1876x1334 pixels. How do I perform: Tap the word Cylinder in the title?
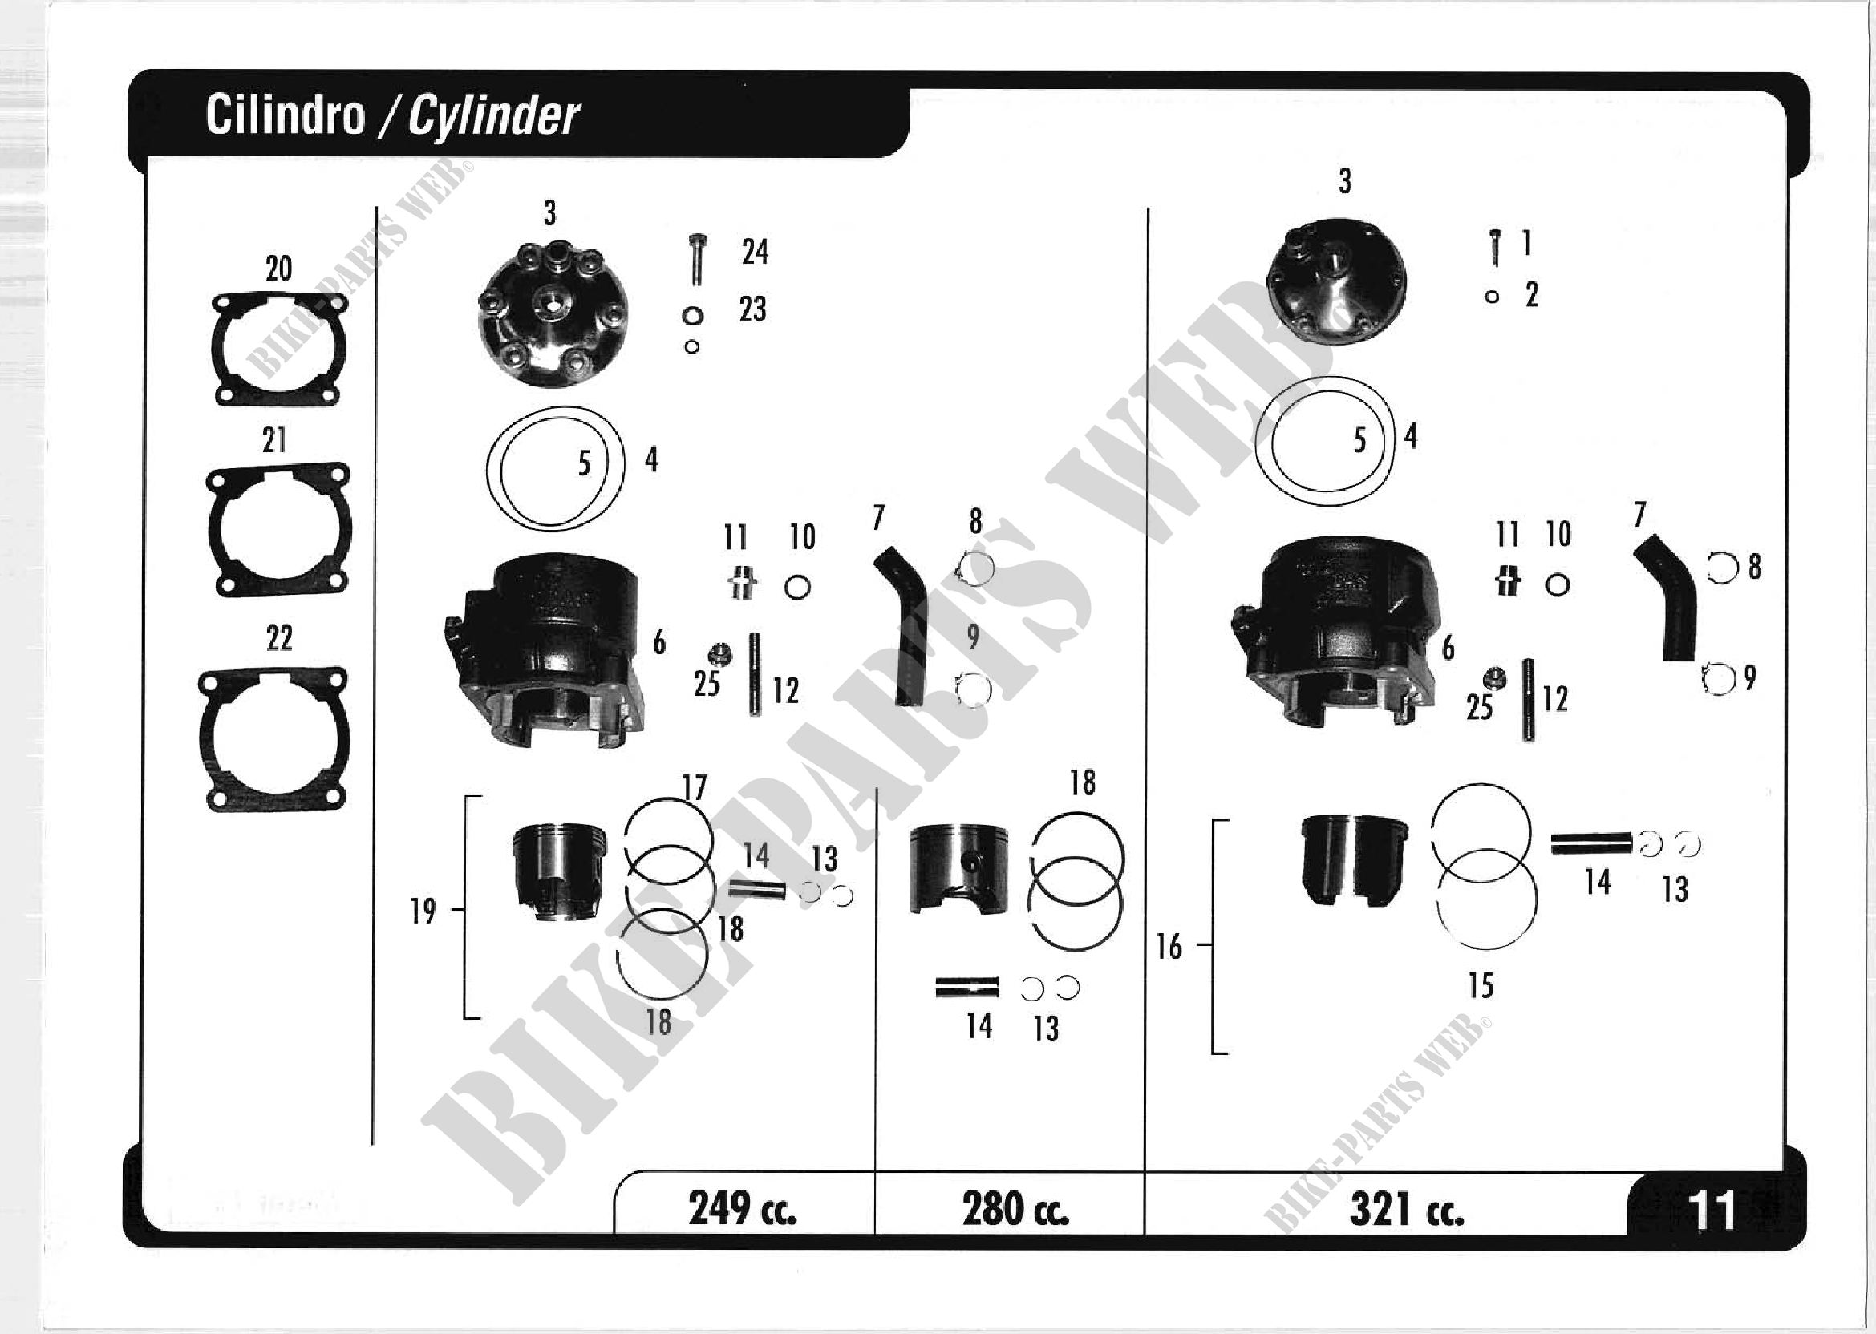pyautogui.click(x=493, y=116)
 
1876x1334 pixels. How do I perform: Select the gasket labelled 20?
pyautogui.click(x=278, y=349)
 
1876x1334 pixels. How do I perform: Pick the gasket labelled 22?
pyautogui.click(x=273, y=738)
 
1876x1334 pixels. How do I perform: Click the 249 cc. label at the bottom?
pyautogui.click(x=742, y=1208)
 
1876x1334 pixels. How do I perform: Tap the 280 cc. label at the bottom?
pyautogui.click(x=1015, y=1208)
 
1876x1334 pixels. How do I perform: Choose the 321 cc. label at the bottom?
pyautogui.click(x=1407, y=1209)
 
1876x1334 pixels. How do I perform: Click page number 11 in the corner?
pyautogui.click(x=1712, y=1209)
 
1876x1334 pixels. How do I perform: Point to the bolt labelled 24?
pyautogui.click(x=698, y=259)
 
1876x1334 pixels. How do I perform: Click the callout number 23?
pyautogui.click(x=752, y=309)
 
